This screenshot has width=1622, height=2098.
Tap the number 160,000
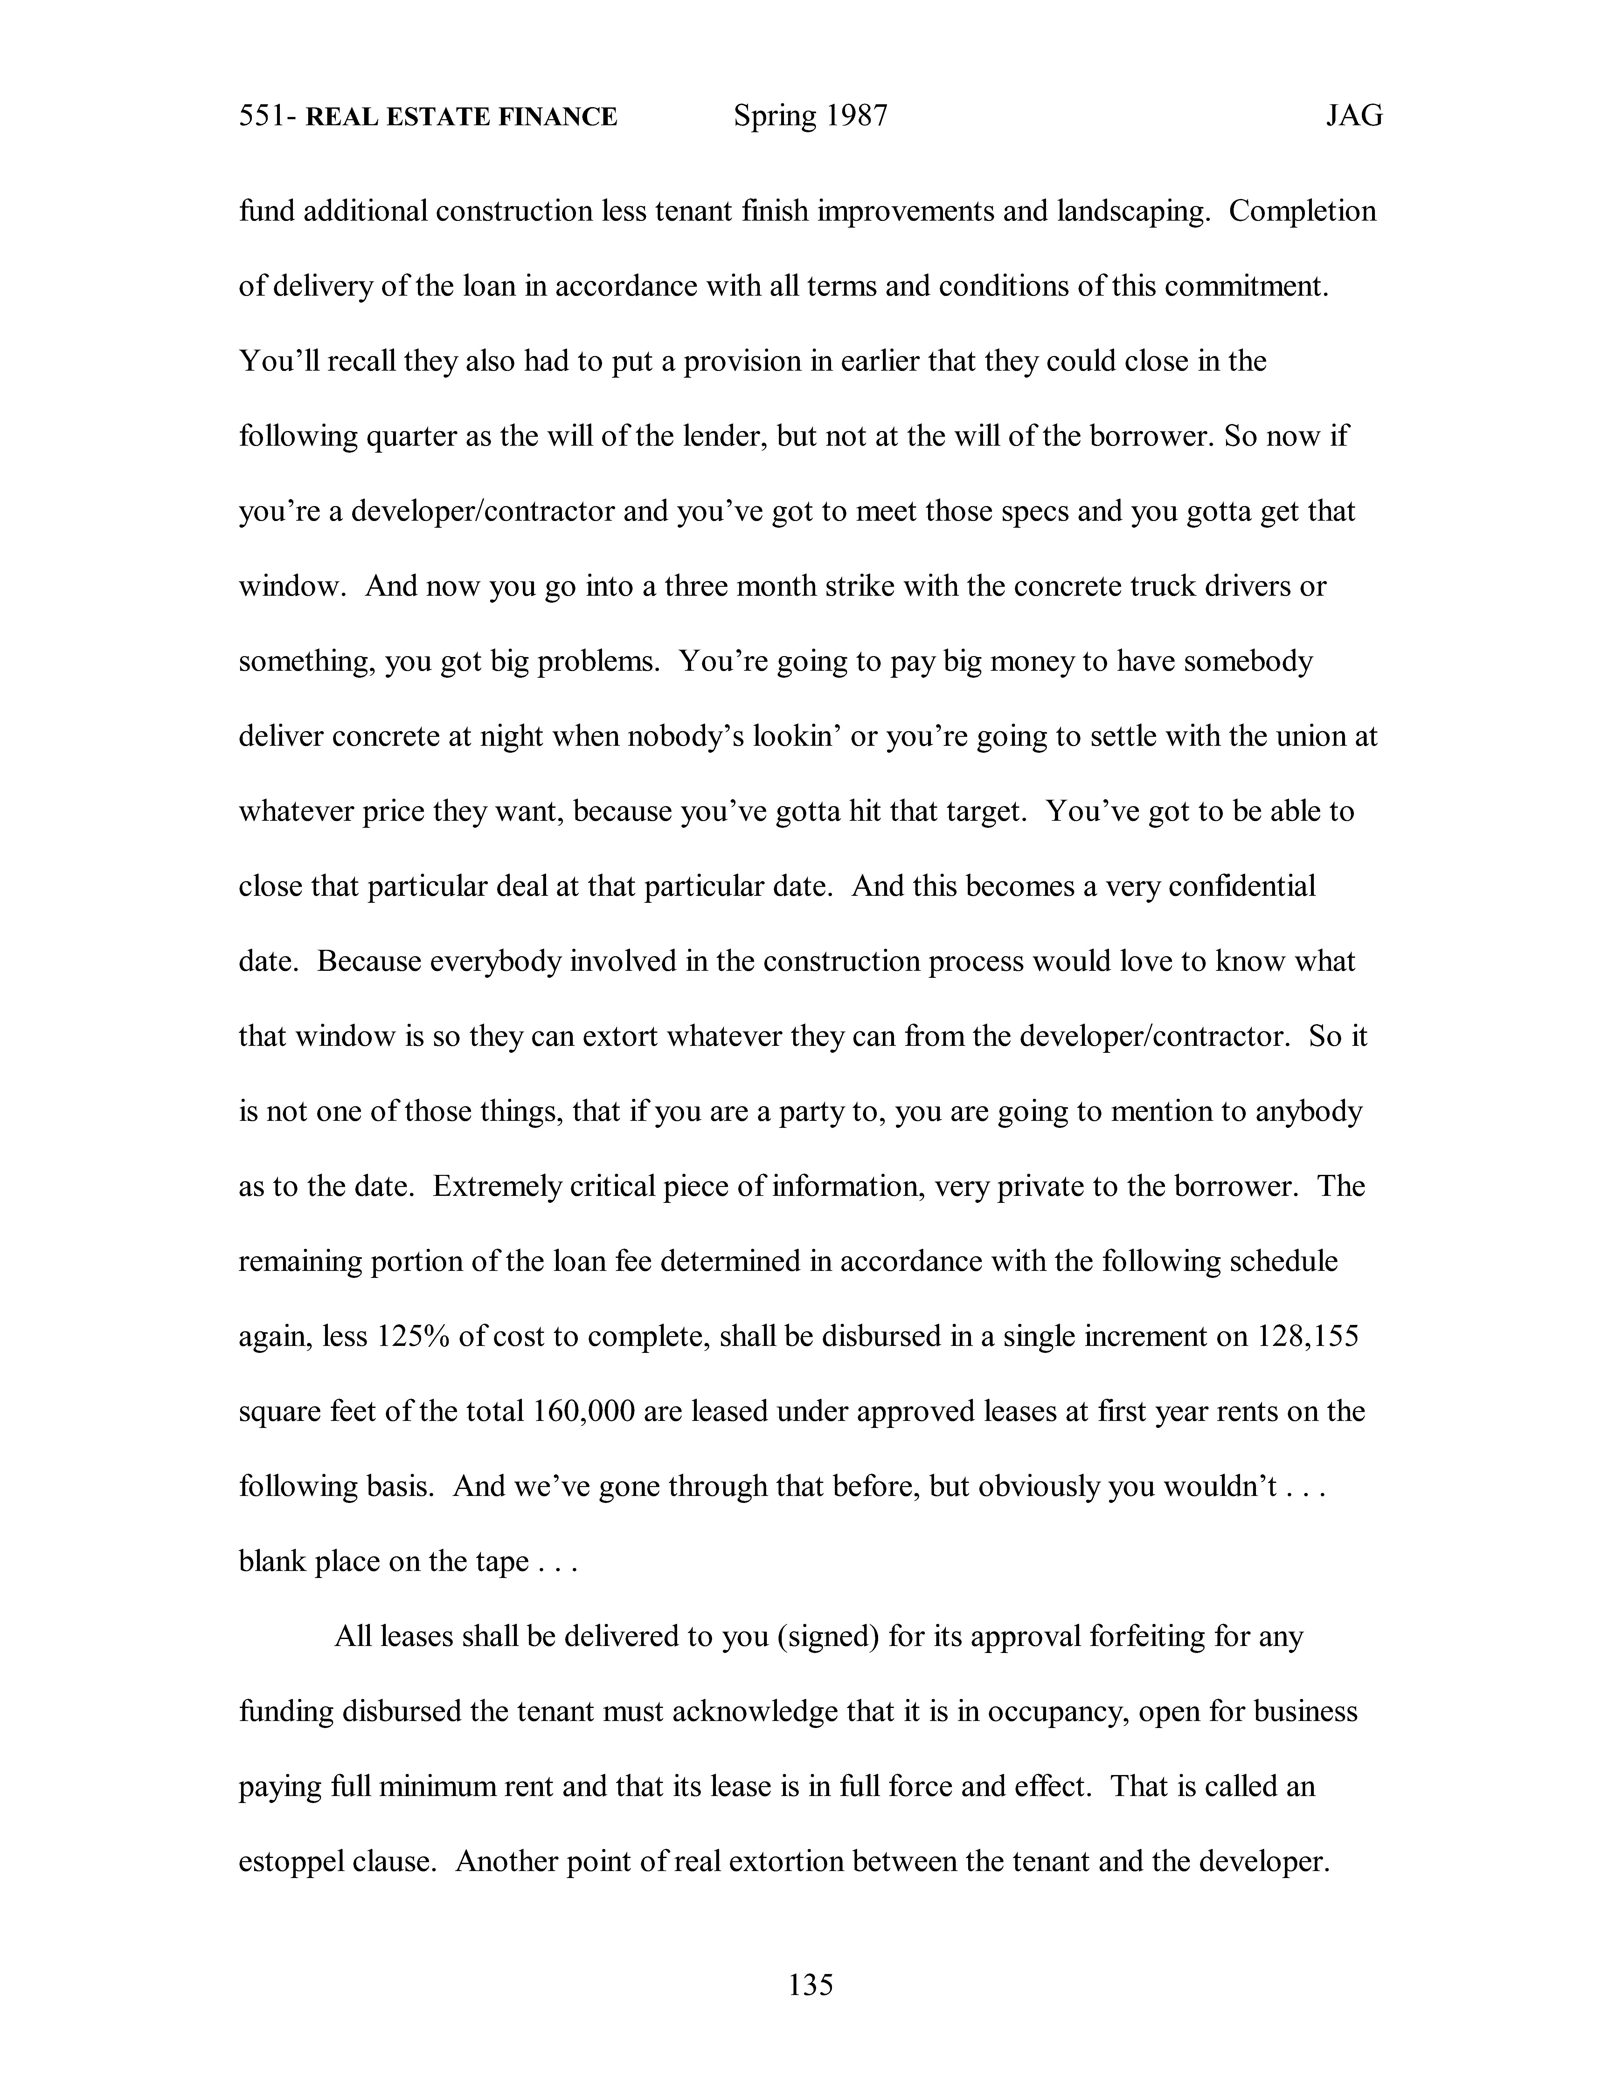(582, 1411)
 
